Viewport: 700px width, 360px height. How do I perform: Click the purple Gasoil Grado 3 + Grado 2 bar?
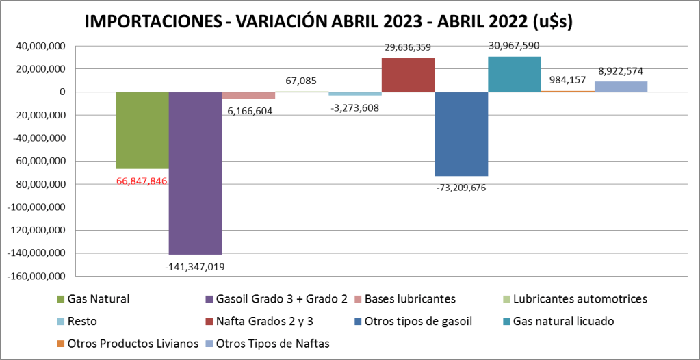195,172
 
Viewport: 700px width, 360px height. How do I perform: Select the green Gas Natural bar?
142,130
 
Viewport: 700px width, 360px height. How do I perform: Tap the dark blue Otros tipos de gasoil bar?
461,133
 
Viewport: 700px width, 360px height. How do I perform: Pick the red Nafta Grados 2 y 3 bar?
408,75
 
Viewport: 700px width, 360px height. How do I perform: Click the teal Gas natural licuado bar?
515,74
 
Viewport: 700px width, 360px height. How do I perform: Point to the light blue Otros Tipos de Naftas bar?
621,86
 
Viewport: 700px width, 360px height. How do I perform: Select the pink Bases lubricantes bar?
248,96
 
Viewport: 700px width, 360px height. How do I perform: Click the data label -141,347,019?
195,266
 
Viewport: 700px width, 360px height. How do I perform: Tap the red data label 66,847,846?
141,181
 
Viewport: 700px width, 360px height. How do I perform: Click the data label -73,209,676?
462,188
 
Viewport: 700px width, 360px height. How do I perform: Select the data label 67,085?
301,81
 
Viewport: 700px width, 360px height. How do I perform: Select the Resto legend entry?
82,321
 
